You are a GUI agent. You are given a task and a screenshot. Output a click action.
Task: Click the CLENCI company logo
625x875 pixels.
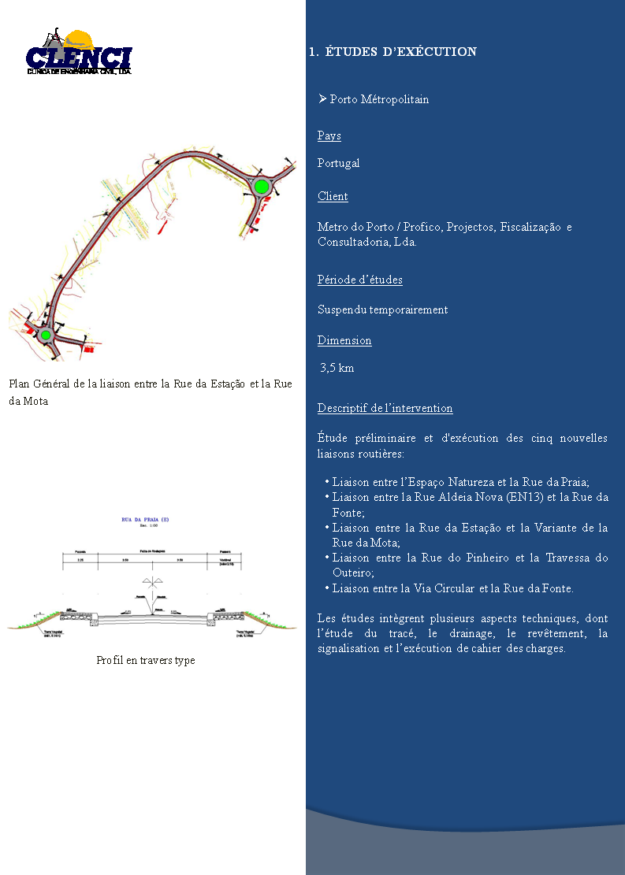(79, 53)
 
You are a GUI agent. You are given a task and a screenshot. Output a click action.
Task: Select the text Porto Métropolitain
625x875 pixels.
(379, 99)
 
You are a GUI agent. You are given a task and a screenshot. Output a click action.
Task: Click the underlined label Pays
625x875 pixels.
(329, 135)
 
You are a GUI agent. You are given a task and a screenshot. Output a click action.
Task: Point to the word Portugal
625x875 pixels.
(339, 163)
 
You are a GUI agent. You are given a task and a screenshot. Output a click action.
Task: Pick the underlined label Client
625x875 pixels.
(333, 196)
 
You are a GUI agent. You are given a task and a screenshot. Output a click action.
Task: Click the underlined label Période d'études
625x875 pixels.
(360, 280)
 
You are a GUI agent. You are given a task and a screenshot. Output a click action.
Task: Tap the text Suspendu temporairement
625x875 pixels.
(382, 310)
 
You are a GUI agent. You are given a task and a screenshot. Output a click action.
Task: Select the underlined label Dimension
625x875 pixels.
(344, 340)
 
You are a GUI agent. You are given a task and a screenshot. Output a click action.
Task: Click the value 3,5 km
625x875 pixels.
(337, 368)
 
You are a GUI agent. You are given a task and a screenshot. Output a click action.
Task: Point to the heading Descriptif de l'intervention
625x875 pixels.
(385, 408)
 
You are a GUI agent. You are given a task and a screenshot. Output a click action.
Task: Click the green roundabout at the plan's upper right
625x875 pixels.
(261, 186)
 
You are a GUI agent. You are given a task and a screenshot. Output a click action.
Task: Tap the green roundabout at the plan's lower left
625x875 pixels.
(46, 335)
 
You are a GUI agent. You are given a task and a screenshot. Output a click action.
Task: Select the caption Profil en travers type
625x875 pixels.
(146, 660)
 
